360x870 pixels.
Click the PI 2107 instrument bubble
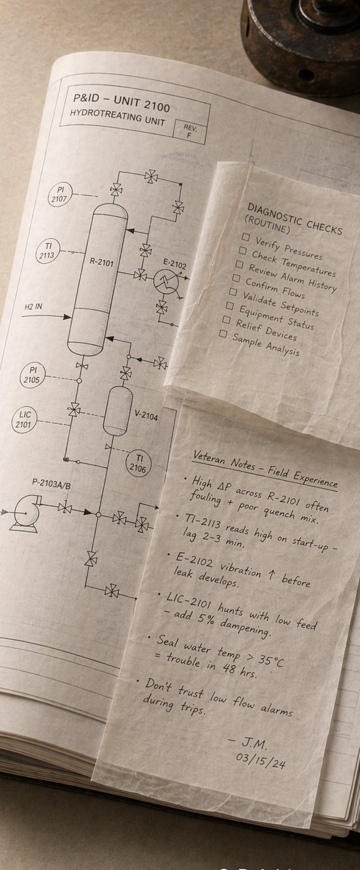(60, 194)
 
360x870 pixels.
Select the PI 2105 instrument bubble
(32, 375)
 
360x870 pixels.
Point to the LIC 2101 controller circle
(24, 419)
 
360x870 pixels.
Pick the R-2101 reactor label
(102, 262)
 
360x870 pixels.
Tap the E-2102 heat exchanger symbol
(166, 282)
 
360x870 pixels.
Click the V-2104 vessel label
(146, 416)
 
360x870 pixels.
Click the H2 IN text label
(34, 307)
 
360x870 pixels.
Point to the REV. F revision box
(189, 132)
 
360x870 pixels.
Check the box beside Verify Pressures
(245, 236)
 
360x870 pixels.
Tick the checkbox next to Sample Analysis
(223, 333)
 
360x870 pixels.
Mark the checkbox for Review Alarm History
(240, 264)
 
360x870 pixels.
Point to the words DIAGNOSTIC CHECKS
(295, 220)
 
